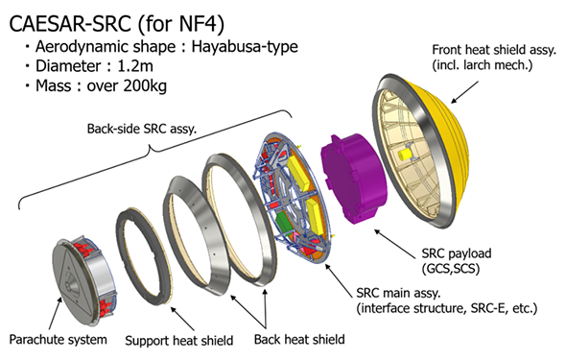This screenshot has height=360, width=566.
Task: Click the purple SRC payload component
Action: pos(354,179)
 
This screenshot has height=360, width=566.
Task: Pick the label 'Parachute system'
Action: pos(59,340)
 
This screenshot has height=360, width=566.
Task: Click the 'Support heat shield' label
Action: pos(179,341)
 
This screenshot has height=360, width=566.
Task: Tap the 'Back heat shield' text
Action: pos(299,340)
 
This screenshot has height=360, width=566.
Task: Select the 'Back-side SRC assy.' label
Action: pos(142,129)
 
